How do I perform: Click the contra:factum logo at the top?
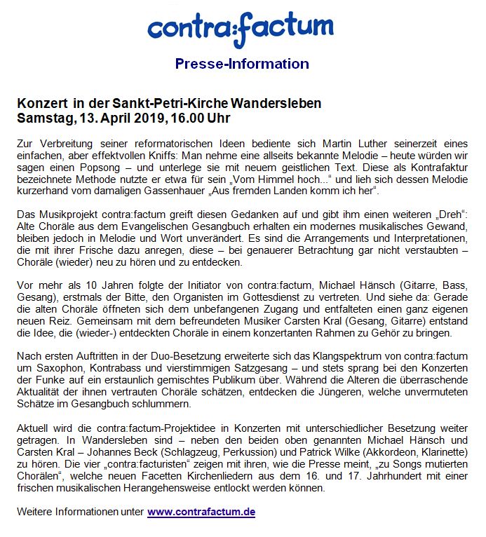pyautogui.click(x=241, y=27)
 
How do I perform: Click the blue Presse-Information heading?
pyautogui.click(x=242, y=64)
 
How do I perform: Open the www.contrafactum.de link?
pyautogui.click(x=201, y=512)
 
